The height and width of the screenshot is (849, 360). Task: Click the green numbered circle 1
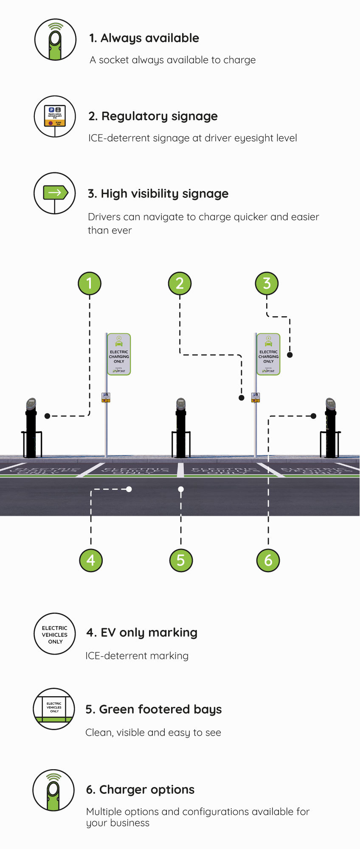click(x=90, y=283)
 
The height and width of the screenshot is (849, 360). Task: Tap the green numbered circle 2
click(x=180, y=283)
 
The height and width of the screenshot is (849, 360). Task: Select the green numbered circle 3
click(x=267, y=283)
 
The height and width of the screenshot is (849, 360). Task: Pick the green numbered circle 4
click(x=91, y=560)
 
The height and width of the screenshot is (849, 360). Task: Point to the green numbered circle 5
click(x=181, y=560)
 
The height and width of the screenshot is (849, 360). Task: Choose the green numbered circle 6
click(x=268, y=560)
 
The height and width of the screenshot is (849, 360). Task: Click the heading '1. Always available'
click(x=144, y=38)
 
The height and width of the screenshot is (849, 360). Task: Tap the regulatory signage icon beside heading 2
click(x=55, y=116)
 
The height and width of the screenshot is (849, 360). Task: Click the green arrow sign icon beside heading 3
click(x=55, y=193)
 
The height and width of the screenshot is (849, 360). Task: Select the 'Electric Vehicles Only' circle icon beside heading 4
click(x=55, y=634)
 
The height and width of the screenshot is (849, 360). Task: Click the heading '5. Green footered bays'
click(x=153, y=709)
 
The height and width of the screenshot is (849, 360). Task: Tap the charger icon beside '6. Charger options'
click(x=53, y=790)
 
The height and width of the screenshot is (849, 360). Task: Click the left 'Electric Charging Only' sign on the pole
click(x=119, y=354)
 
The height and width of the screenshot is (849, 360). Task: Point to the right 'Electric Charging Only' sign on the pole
click(x=268, y=354)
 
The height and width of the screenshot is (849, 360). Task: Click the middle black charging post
click(x=181, y=429)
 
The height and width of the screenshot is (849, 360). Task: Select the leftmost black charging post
click(x=31, y=429)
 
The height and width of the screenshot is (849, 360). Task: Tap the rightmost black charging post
click(x=330, y=429)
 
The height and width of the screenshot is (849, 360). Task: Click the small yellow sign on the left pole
click(x=106, y=397)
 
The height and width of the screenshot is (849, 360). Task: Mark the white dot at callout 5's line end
click(x=181, y=489)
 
